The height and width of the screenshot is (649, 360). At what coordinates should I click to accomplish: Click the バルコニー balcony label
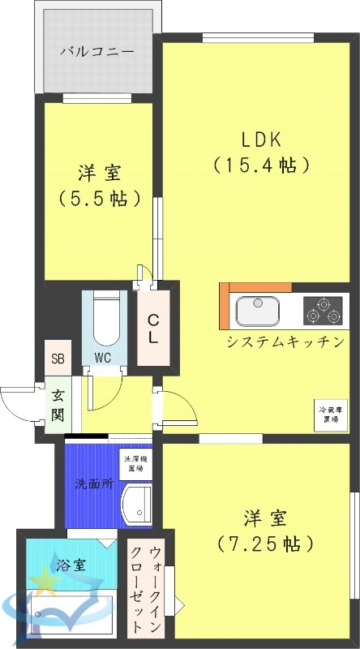pyautogui.click(x=97, y=52)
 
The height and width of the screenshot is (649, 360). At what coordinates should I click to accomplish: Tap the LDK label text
pyautogui.click(x=262, y=138)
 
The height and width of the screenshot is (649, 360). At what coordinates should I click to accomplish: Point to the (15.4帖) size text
pyautogui.click(x=262, y=165)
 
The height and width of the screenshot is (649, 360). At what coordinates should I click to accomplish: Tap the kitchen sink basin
pyautogui.click(x=257, y=310)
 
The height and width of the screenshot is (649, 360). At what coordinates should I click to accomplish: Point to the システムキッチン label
pyautogui.click(x=285, y=342)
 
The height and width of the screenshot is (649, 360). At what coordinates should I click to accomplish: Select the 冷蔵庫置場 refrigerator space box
pyautogui.click(x=328, y=415)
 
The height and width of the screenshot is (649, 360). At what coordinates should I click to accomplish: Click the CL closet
pyautogui.click(x=152, y=326)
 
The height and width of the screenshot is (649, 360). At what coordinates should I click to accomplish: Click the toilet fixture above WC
pyautogui.click(x=105, y=320)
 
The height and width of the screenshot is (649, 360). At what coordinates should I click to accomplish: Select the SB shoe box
pyautogui.click(x=58, y=357)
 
